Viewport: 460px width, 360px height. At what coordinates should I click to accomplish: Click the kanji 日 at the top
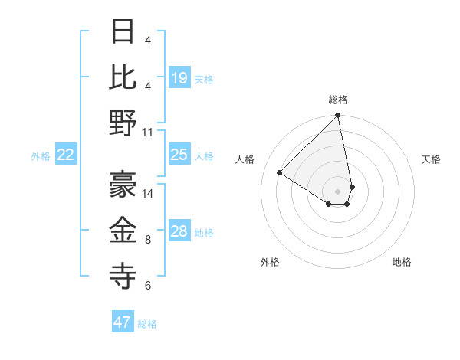(123, 32)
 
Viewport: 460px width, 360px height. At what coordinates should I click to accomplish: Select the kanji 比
(123, 77)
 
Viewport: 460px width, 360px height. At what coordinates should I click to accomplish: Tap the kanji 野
(123, 123)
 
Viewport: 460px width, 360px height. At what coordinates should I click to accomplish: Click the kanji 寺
(123, 275)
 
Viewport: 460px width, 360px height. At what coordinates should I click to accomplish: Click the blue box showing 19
(179, 78)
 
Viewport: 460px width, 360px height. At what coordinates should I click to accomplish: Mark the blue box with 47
(123, 322)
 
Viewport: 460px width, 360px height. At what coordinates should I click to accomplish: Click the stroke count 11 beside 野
(148, 132)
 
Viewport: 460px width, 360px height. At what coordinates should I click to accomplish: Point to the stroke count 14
(148, 193)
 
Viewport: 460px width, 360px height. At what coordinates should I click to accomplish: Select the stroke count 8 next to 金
(148, 240)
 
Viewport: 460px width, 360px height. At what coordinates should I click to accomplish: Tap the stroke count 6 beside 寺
(148, 286)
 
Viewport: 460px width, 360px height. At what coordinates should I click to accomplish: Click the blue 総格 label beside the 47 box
(147, 324)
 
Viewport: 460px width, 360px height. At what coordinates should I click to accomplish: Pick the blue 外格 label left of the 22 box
(41, 156)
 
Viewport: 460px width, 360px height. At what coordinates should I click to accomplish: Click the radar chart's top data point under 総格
(337, 116)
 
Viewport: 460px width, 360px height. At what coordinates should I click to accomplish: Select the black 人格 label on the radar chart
(245, 159)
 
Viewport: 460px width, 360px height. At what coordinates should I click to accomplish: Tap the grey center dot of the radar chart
(337, 190)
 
